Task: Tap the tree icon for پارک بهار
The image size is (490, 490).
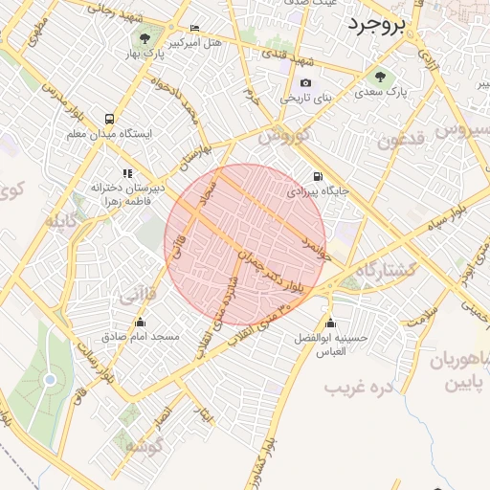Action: tap(145, 39)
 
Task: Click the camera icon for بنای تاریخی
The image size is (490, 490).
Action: tap(305, 83)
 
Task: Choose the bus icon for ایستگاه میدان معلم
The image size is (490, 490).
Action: tap(111, 120)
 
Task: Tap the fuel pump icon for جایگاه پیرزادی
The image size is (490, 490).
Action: tap(317, 177)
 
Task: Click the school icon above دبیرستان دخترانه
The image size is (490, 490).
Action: tap(128, 173)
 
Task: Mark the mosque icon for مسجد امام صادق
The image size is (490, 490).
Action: tap(141, 323)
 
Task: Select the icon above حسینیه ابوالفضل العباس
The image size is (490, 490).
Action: tap(331, 323)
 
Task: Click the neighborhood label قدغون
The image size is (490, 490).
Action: tap(400, 143)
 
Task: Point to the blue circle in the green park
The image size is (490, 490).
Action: tap(50, 380)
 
